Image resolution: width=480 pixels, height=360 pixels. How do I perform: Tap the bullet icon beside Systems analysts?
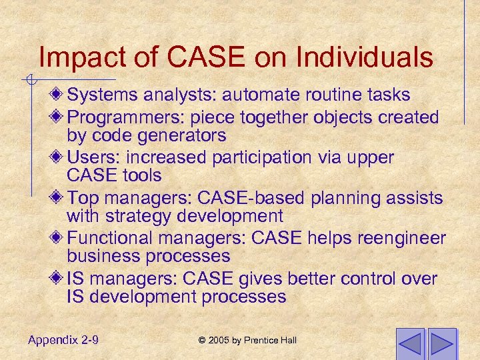(x=59, y=95)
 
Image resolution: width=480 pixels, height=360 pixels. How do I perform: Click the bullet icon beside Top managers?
(x=59, y=198)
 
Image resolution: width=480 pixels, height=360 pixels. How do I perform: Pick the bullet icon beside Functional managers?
(x=59, y=238)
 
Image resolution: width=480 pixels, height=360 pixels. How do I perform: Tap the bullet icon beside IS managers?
(x=59, y=279)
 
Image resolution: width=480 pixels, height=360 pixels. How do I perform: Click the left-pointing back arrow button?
(x=409, y=343)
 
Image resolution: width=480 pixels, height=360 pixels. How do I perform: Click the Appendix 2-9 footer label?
(x=64, y=340)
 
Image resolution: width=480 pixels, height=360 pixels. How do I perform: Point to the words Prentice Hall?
(x=270, y=341)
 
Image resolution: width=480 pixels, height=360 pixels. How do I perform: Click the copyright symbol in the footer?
(x=202, y=341)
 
